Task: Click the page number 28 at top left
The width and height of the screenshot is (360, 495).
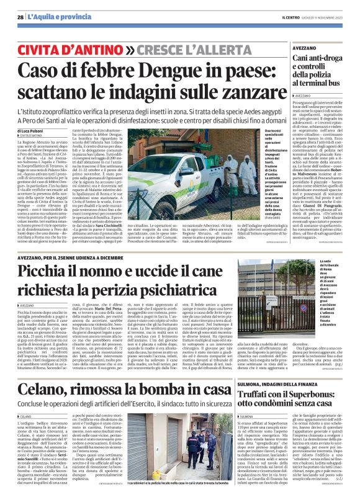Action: tap(21, 17)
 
